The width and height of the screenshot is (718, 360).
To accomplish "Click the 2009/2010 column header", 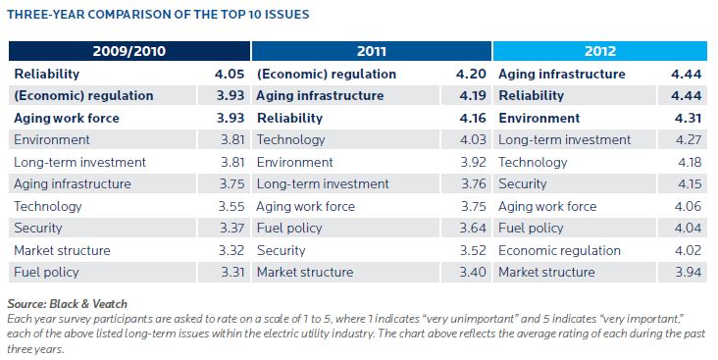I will coord(129,52).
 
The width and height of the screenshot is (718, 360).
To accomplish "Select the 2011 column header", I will coord(372,52).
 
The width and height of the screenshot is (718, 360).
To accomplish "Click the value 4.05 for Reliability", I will coord(229,74).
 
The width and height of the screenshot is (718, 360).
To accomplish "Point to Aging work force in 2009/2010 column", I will coord(67,118).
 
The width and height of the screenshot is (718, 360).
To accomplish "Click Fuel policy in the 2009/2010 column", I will coord(47,272).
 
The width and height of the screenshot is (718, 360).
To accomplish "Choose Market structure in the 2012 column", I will coord(546,272).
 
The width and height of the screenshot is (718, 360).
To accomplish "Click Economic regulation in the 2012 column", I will coord(559,250).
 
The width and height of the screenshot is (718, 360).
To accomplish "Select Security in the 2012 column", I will coord(523,183).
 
